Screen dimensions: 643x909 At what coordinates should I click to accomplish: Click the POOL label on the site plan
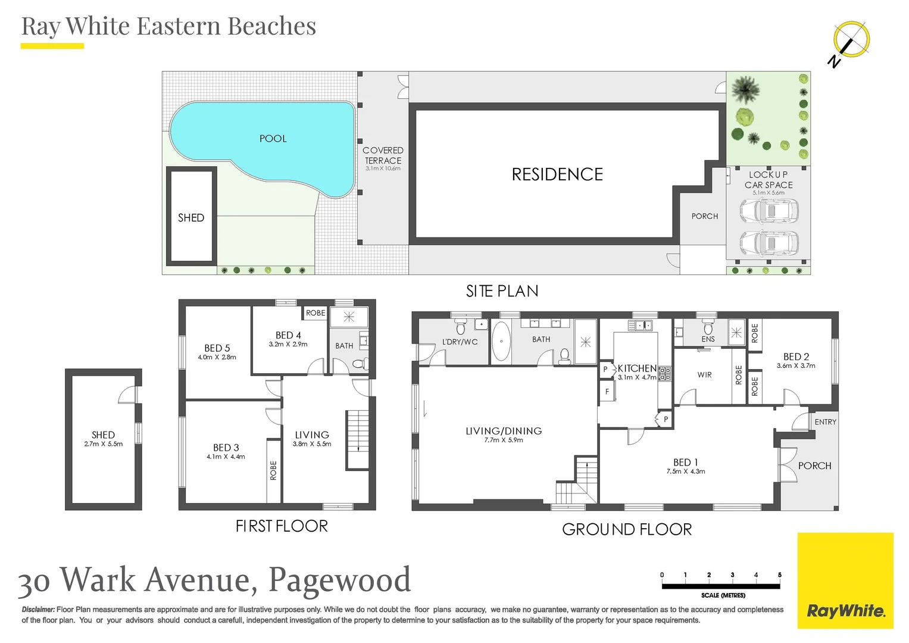273,139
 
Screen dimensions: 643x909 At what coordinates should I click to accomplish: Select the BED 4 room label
288,335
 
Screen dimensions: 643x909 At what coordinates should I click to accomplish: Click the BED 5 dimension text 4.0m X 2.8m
217,357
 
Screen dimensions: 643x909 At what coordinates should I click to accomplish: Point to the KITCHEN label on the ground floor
636,369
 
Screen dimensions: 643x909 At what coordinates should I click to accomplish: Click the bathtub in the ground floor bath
501,342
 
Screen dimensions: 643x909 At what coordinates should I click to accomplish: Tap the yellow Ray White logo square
845,580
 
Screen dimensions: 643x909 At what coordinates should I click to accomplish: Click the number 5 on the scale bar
779,575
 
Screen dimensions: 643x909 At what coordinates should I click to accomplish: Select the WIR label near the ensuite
704,375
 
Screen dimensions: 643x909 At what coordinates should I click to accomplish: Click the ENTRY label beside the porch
825,422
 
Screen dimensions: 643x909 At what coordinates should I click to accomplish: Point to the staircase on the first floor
358,439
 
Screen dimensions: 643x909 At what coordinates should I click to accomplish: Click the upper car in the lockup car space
768,211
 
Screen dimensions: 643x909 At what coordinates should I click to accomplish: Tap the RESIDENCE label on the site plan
557,174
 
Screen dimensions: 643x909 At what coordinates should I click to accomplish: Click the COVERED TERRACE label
383,155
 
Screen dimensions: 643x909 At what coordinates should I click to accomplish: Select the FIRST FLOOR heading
282,526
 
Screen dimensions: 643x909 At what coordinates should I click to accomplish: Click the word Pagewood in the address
339,579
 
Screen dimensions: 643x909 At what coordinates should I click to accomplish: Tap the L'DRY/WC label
460,342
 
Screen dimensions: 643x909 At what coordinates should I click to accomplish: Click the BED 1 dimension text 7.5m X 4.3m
685,472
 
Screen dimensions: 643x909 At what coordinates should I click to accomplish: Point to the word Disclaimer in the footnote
38,610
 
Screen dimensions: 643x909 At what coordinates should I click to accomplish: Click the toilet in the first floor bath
358,364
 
